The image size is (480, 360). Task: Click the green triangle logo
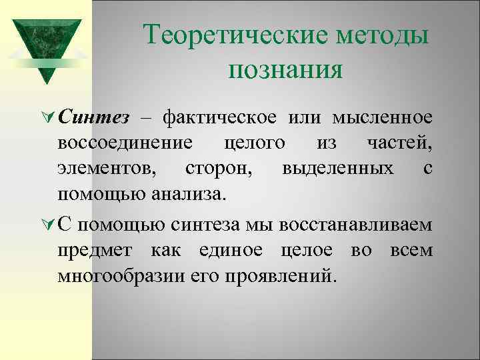pos(46,44)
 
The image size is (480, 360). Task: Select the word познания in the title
pos(285,69)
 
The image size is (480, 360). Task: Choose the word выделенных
pos(337,169)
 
